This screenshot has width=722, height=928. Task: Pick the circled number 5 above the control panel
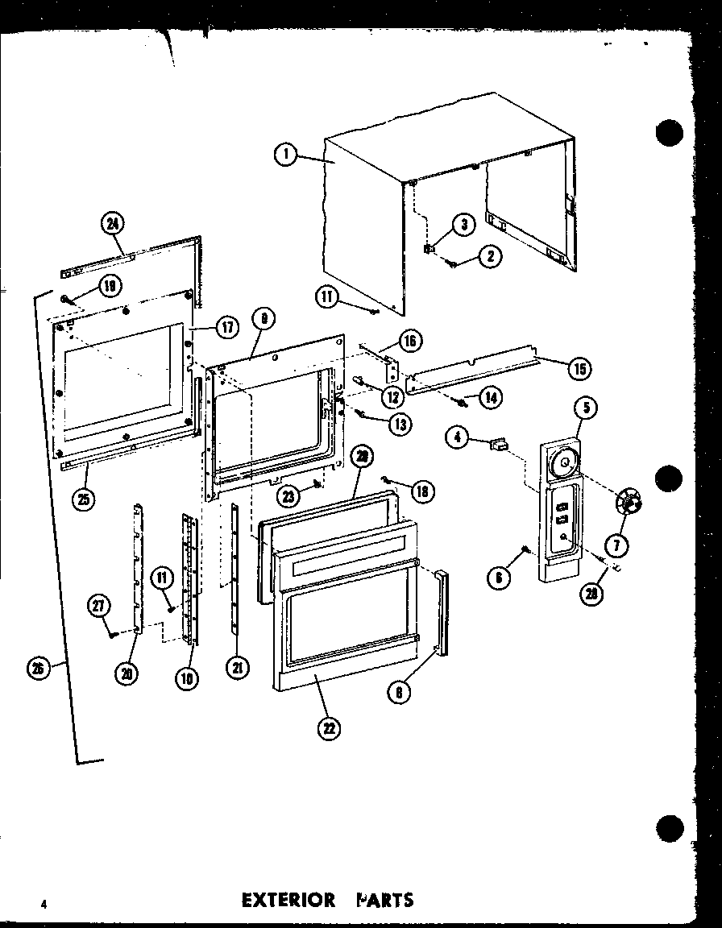click(x=585, y=408)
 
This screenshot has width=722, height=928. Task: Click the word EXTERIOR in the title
click(x=288, y=899)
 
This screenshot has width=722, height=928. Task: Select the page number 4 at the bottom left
click(x=44, y=904)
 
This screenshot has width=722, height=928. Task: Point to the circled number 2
click(x=488, y=257)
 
